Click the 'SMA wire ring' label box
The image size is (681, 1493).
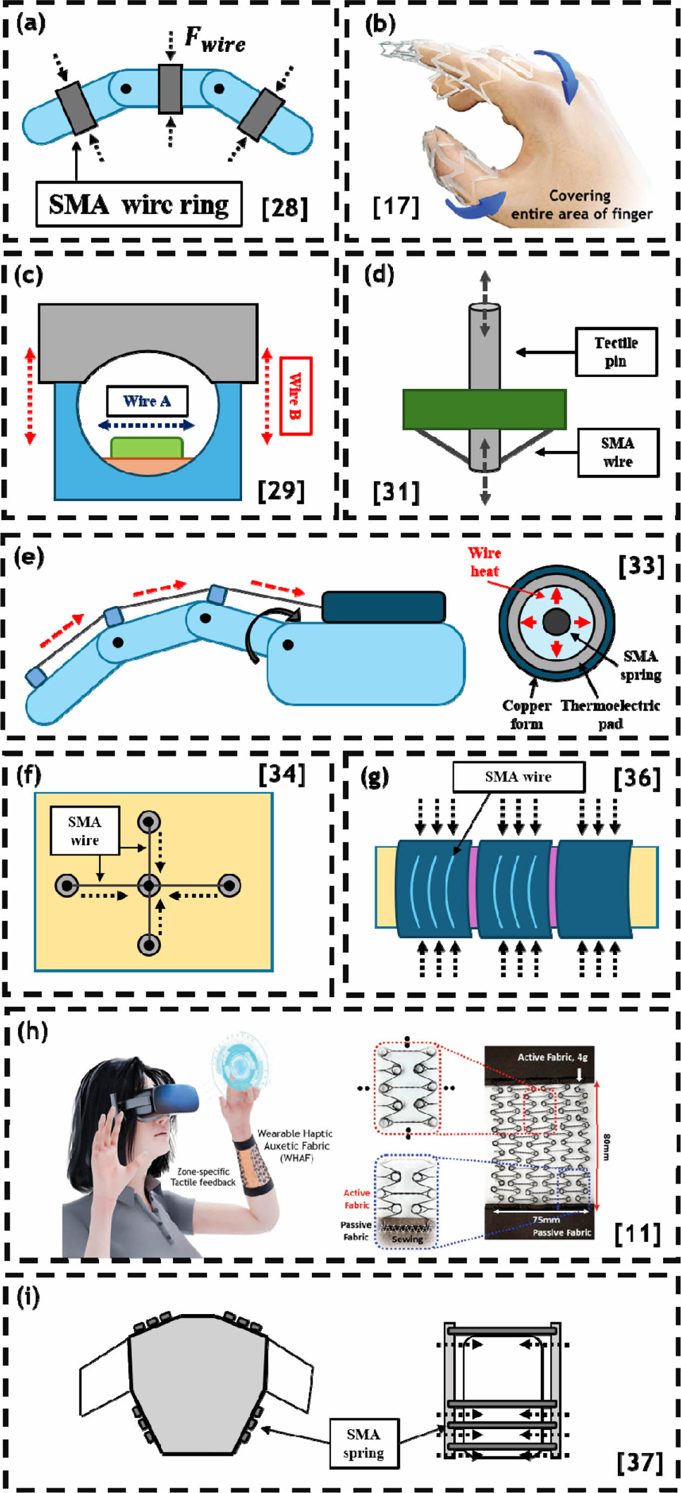pos(139,204)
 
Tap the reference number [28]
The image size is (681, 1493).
pos(284,207)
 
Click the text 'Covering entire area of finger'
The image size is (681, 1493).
pos(581,205)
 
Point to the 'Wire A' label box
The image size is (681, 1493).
pos(147,401)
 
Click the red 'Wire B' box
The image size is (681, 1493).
pos(295,396)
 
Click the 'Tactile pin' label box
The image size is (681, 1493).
pos(616,352)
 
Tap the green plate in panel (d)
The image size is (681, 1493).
pos(484,409)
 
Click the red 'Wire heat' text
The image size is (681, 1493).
pos(484,562)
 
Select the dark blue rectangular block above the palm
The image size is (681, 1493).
pos(383,607)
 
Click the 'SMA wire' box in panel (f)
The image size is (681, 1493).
pos(84,831)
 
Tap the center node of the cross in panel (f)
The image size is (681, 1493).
pos(149,886)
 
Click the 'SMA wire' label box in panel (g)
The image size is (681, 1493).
pos(518,777)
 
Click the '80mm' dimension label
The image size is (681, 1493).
pos(606,1147)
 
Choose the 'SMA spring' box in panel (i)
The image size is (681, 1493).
pos(364,1443)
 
